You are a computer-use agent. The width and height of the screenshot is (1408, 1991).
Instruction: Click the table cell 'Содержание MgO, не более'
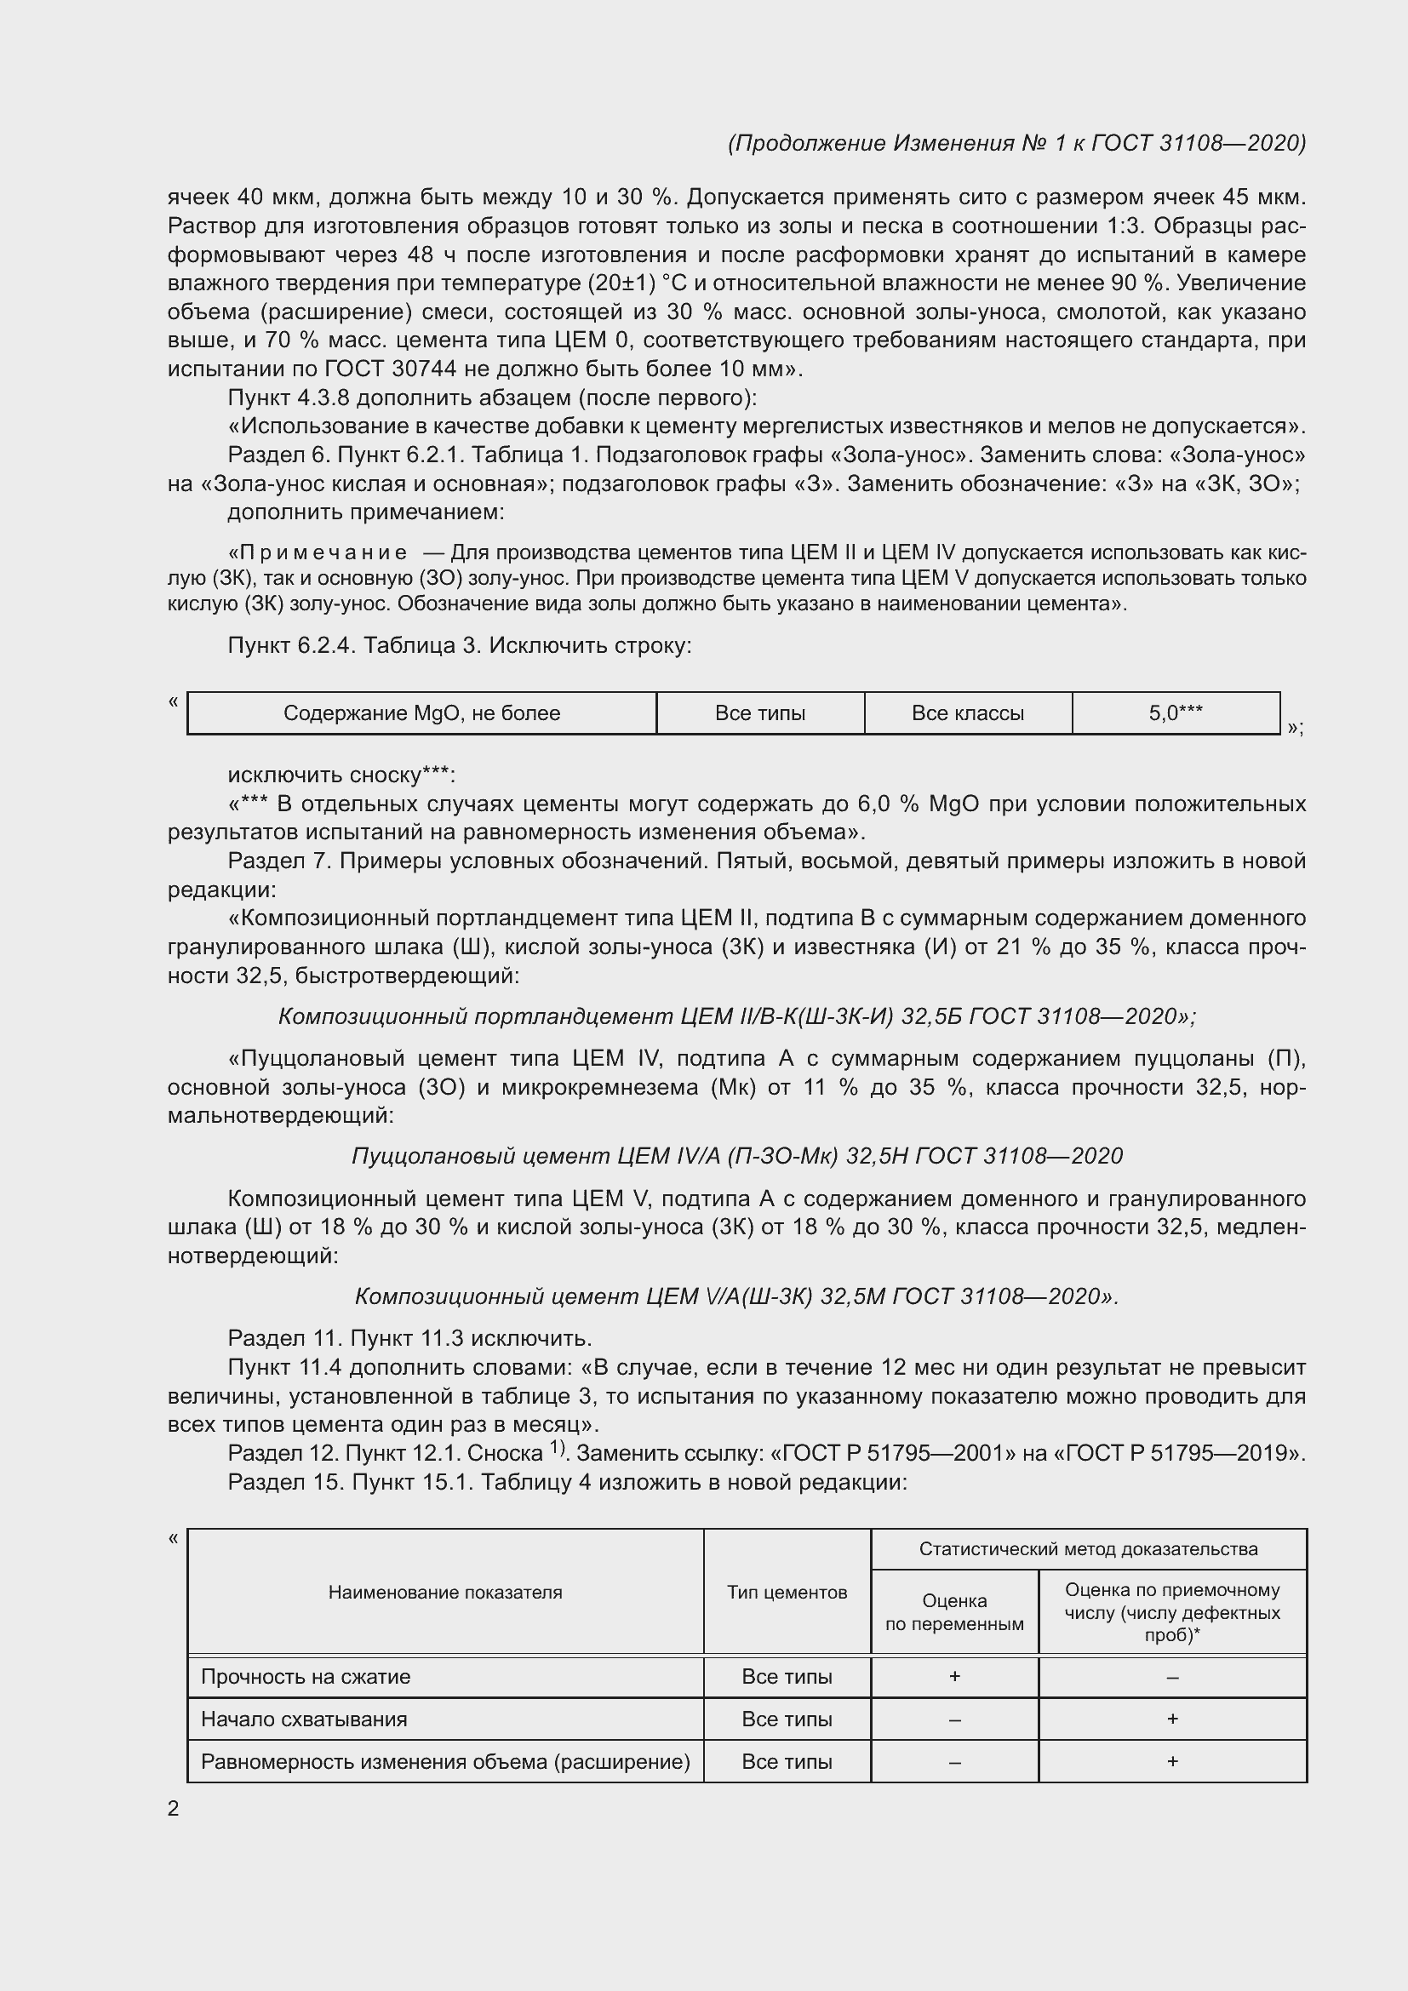[x=421, y=712]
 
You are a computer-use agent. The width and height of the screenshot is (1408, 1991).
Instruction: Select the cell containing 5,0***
[x=1175, y=712]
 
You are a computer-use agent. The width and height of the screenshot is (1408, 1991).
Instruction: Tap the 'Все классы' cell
[x=968, y=712]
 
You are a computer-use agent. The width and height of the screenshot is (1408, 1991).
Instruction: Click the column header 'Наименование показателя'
[x=444, y=1592]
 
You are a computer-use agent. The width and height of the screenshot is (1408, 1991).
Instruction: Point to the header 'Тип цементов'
[x=787, y=1592]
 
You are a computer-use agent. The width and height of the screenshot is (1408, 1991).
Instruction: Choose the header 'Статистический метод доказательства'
[x=1088, y=1548]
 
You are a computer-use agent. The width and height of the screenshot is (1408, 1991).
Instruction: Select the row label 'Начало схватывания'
[x=303, y=1719]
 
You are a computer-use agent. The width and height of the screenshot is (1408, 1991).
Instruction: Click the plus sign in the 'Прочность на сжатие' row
[x=953, y=1676]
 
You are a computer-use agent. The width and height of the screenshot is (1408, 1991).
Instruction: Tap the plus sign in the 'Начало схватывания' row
[x=1172, y=1718]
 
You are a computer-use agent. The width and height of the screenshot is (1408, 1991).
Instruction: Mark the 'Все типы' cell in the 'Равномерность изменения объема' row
[x=787, y=1761]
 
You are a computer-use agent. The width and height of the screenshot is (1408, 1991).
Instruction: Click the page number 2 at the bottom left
[x=174, y=1808]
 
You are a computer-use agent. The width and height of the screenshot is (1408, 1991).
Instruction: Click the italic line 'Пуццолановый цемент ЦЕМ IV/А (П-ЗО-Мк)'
[x=737, y=1156]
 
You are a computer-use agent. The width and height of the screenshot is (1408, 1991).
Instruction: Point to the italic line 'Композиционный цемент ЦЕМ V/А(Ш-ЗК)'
[x=737, y=1296]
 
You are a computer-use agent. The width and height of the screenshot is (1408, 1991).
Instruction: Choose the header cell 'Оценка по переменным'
[x=953, y=1612]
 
